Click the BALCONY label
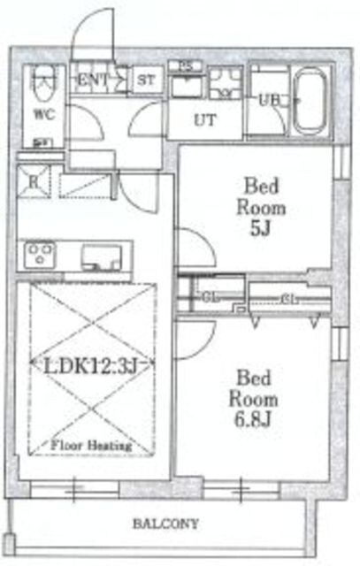click(166, 524)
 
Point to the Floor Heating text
click(91, 446)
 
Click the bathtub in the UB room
click(310, 99)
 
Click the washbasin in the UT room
click(187, 88)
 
